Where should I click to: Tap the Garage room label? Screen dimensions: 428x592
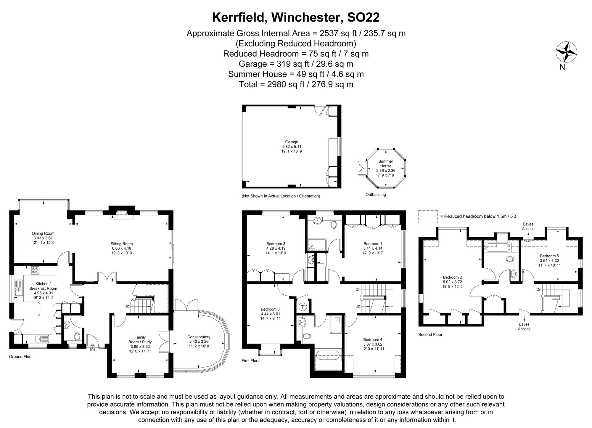[x=292, y=142]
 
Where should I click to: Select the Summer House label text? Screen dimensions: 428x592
[x=386, y=164]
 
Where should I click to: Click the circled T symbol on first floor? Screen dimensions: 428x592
[x=303, y=307]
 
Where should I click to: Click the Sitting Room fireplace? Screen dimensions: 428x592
[x=122, y=214]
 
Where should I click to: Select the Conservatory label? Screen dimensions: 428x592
[x=199, y=337]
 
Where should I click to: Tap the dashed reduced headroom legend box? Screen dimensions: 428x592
[x=427, y=217]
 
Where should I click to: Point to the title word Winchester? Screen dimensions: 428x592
[x=305, y=17]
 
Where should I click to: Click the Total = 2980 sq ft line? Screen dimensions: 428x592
[x=296, y=84]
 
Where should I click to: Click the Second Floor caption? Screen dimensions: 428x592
[x=430, y=334]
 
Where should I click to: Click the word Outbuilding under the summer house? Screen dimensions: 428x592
[x=376, y=195]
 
